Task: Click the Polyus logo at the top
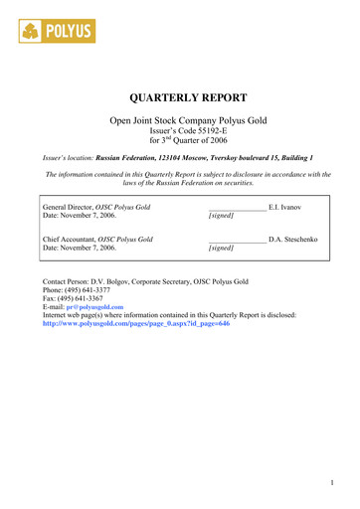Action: click(57, 32)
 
